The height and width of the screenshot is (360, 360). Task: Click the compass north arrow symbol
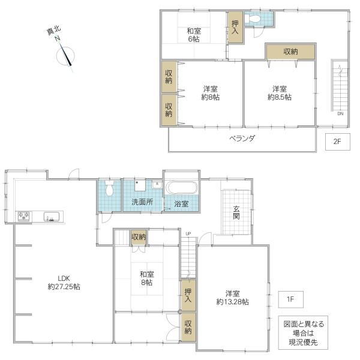[x=65, y=56]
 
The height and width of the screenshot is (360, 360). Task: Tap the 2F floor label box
[x=337, y=142]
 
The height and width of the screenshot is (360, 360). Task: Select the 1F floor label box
[x=290, y=299]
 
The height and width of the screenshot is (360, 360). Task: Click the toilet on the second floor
[x=252, y=19]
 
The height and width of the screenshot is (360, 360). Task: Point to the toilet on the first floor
[x=109, y=188]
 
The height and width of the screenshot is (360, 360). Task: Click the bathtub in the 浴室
[x=181, y=188]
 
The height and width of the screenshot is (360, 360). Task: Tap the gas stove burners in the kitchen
[x=24, y=216]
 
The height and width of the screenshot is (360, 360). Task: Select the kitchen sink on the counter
[x=52, y=217]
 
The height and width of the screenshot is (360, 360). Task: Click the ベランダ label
[x=242, y=139]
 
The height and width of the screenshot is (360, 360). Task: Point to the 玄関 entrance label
[x=236, y=212]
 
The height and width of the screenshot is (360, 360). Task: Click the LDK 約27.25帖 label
[x=64, y=283]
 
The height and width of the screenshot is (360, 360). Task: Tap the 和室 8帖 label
[x=147, y=278]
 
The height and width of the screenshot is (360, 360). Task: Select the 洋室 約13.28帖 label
[x=232, y=298]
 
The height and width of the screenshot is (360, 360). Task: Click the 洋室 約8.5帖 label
[x=280, y=93]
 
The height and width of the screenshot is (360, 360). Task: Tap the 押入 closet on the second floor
[x=235, y=27]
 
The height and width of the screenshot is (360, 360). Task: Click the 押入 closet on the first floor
[x=188, y=295]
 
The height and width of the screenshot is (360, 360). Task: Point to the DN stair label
[x=340, y=113]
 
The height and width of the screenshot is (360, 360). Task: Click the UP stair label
[x=188, y=234]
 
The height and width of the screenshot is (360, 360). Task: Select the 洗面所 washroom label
[x=142, y=202]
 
